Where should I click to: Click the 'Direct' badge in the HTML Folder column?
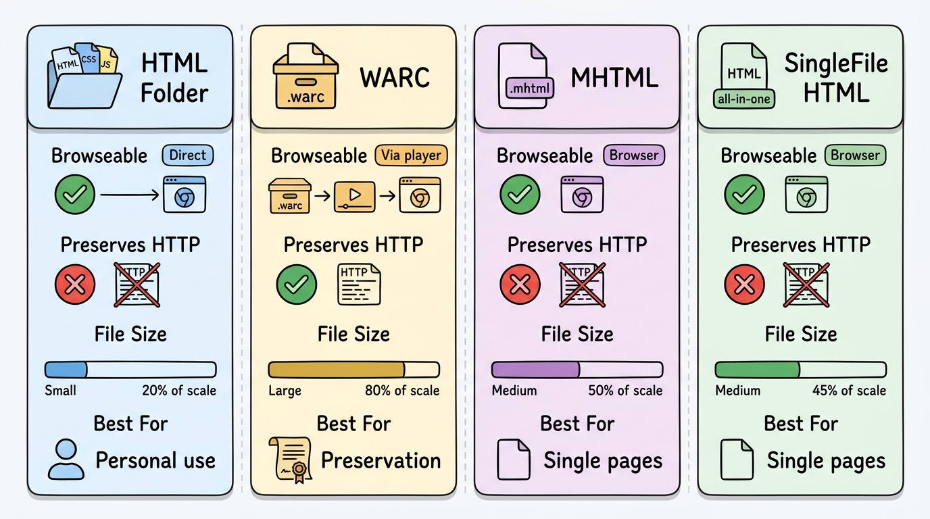click(187, 155)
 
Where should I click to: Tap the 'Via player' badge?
click(411, 155)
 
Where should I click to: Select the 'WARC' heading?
click(395, 78)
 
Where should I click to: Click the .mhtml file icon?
click(525, 76)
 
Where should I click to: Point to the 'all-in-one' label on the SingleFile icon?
click(744, 99)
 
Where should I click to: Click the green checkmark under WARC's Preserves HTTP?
click(297, 285)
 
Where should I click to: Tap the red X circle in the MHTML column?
click(520, 285)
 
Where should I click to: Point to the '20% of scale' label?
click(179, 391)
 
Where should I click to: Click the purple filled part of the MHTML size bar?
click(535, 370)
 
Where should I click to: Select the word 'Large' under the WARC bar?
click(285, 391)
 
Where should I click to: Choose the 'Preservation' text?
click(381, 461)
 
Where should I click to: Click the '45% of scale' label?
click(849, 391)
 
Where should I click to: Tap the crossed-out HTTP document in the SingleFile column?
click(806, 285)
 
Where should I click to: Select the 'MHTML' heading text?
click(614, 78)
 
